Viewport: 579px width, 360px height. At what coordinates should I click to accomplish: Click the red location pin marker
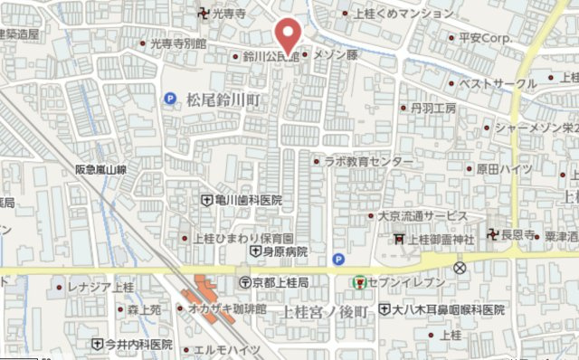click(289, 33)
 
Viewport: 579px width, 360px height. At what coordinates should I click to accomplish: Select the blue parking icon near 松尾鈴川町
click(170, 99)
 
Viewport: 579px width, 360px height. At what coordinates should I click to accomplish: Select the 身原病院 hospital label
click(282, 251)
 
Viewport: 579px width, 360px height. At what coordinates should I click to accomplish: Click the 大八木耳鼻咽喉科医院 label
click(449, 309)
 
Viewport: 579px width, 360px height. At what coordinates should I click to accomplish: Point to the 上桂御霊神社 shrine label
click(440, 240)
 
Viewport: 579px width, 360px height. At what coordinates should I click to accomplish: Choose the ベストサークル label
click(498, 83)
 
